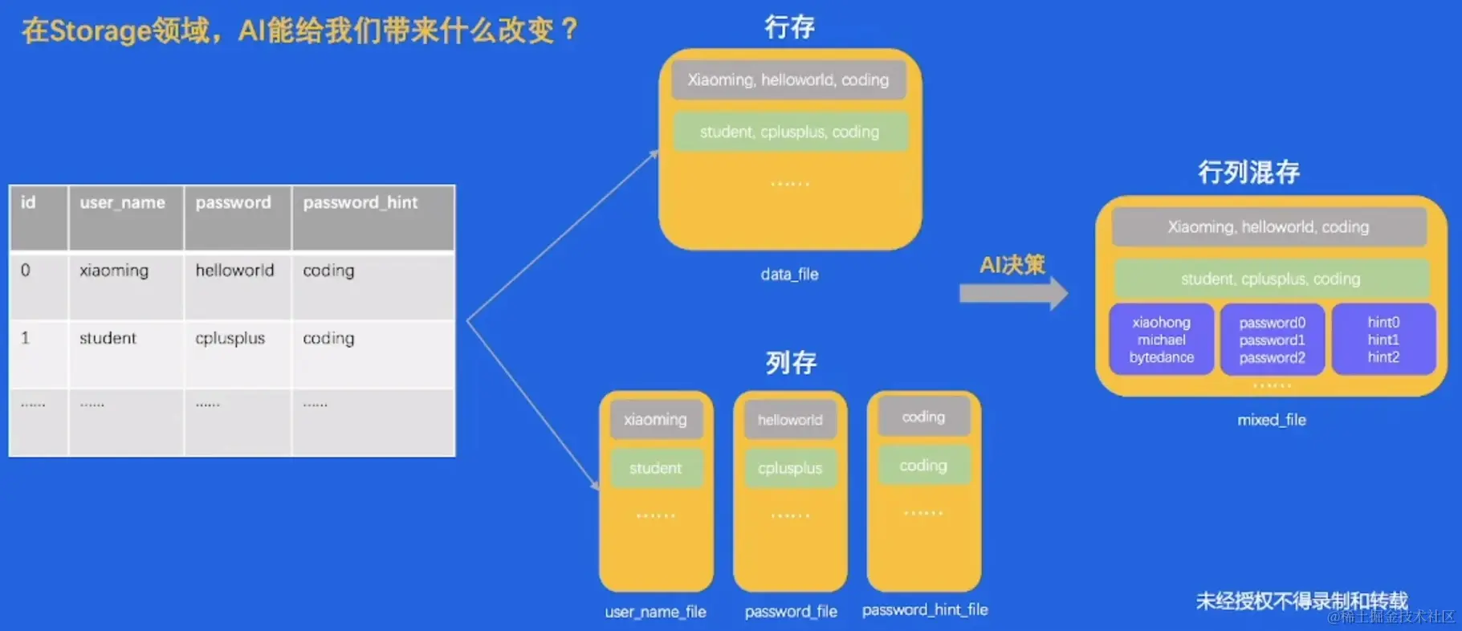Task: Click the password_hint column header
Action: pos(360,203)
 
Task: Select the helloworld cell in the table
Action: pos(234,271)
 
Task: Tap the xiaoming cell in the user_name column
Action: pos(114,271)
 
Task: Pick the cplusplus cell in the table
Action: pos(230,338)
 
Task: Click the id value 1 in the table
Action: pos(26,338)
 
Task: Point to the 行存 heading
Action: pos(789,27)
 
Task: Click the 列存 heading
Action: pos(790,363)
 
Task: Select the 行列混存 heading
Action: pos(1248,172)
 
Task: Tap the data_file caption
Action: pos(789,275)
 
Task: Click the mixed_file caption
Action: pos(1271,420)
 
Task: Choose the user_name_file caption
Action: pos(655,612)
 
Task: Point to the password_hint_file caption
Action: pos(925,610)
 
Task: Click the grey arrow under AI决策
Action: pos(1013,294)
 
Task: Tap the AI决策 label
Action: pos(1012,265)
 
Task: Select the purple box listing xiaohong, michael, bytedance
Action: pos(1161,340)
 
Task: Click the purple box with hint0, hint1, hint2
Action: pos(1383,340)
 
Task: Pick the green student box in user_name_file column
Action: pos(655,468)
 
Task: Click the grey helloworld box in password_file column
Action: pos(790,420)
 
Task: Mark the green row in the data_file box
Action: pos(789,132)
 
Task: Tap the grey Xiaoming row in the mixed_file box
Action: pos(1269,227)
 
